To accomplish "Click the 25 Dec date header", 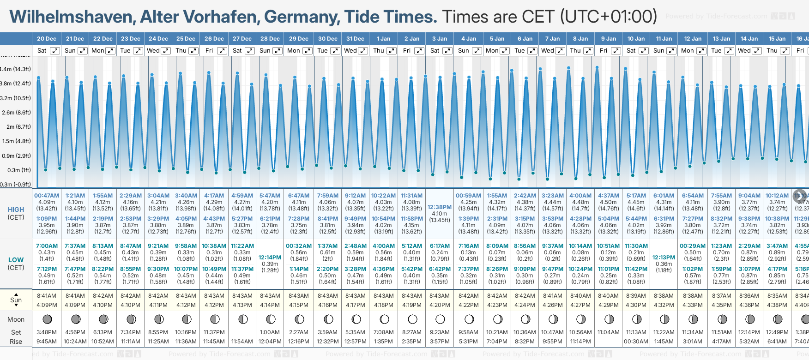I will (186, 39).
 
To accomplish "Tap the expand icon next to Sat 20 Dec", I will (55, 51).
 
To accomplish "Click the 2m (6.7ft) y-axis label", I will (16, 127).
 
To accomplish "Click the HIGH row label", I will (16, 210).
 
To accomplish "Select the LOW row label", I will (16, 260).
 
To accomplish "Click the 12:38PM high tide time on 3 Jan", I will (440, 207).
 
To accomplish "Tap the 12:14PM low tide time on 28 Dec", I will (270, 258).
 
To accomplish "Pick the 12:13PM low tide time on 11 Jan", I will (664, 258).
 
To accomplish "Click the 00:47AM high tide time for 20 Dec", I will (47, 196).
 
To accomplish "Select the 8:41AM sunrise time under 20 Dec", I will (47, 296).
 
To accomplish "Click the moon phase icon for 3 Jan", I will (440, 319).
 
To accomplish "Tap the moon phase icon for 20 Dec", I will (47, 319).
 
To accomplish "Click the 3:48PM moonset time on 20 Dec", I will (47, 332).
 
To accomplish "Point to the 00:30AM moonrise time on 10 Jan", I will (636, 342).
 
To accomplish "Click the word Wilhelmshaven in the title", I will (72, 17).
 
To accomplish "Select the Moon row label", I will (16, 319).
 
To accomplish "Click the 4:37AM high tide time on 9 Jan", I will (609, 196).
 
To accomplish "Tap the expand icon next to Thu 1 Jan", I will (392, 51).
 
